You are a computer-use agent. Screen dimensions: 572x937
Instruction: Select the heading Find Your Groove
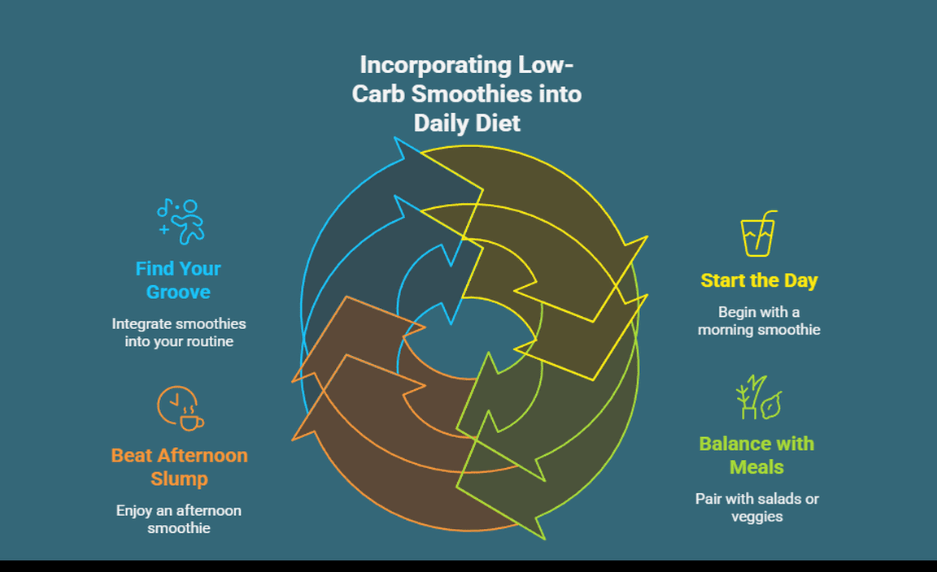(x=178, y=279)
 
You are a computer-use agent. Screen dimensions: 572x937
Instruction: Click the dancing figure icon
(x=182, y=221)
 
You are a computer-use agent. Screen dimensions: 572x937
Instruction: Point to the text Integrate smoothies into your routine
(x=179, y=332)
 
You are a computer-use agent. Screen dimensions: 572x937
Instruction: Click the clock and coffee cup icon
(x=180, y=409)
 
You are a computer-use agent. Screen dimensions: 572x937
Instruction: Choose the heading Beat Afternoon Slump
(x=179, y=466)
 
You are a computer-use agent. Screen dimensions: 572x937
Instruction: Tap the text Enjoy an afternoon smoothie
(x=179, y=519)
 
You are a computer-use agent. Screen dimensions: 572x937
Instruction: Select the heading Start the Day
(x=759, y=280)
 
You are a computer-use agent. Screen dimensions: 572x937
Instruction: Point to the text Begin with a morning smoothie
(x=759, y=321)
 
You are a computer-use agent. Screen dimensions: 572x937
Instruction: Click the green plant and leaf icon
(x=758, y=397)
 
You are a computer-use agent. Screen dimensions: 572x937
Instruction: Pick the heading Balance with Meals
(x=756, y=455)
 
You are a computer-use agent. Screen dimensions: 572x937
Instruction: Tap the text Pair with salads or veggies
(x=756, y=507)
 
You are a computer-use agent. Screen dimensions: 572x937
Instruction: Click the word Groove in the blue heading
(x=178, y=292)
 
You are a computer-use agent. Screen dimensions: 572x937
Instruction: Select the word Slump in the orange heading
(x=179, y=479)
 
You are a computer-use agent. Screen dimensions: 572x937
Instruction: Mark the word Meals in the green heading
(x=756, y=467)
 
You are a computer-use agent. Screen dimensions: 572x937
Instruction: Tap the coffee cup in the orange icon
(x=191, y=422)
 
